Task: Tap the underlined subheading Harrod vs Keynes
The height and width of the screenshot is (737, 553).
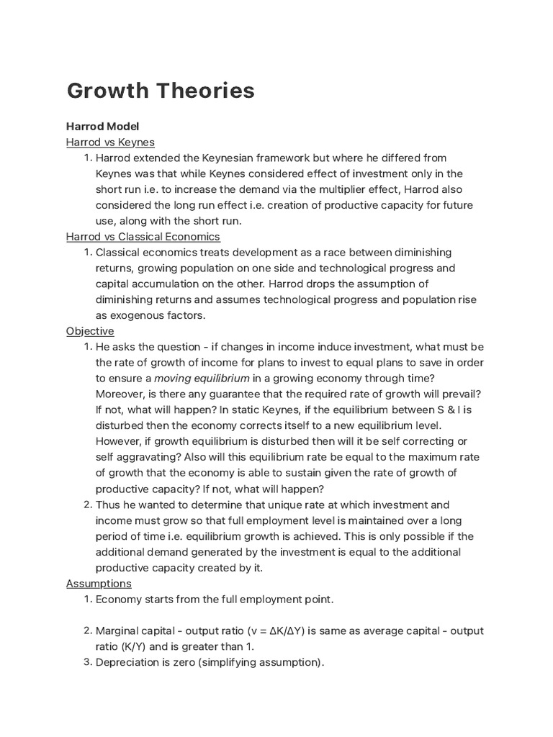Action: click(110, 142)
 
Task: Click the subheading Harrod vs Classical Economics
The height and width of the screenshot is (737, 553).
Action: click(143, 236)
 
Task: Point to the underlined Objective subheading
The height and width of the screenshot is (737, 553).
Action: click(90, 331)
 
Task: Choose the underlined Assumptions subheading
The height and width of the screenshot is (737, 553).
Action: click(99, 583)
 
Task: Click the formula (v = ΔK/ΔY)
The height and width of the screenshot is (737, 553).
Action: click(265, 630)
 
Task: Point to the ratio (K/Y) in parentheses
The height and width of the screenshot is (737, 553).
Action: click(156, 646)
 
